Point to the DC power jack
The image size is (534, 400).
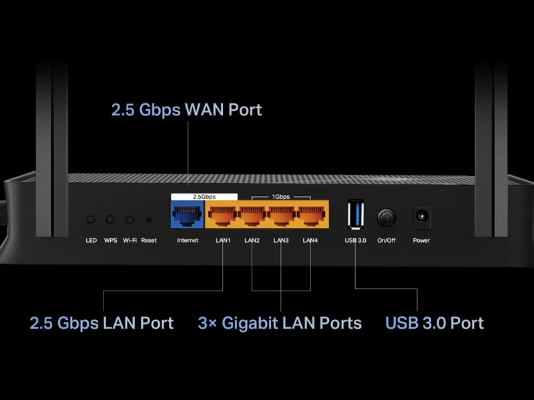pyautogui.click(x=421, y=217)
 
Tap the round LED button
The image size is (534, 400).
pyautogui.click(x=91, y=219)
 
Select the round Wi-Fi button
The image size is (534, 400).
pyautogui.click(x=129, y=219)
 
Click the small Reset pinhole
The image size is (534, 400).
pyautogui.click(x=148, y=219)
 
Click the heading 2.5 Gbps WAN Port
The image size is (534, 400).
pyautogui.click(x=186, y=110)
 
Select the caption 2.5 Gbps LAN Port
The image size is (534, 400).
pyautogui.click(x=101, y=323)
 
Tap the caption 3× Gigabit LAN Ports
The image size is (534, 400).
pyautogui.click(x=280, y=323)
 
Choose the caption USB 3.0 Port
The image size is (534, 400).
pyautogui.click(x=435, y=323)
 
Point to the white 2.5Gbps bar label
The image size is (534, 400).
pyautogui.click(x=204, y=197)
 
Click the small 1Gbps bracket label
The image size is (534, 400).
pyautogui.click(x=281, y=197)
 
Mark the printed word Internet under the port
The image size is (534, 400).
pyautogui.click(x=188, y=240)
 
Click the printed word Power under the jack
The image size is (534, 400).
pyautogui.click(x=421, y=240)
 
